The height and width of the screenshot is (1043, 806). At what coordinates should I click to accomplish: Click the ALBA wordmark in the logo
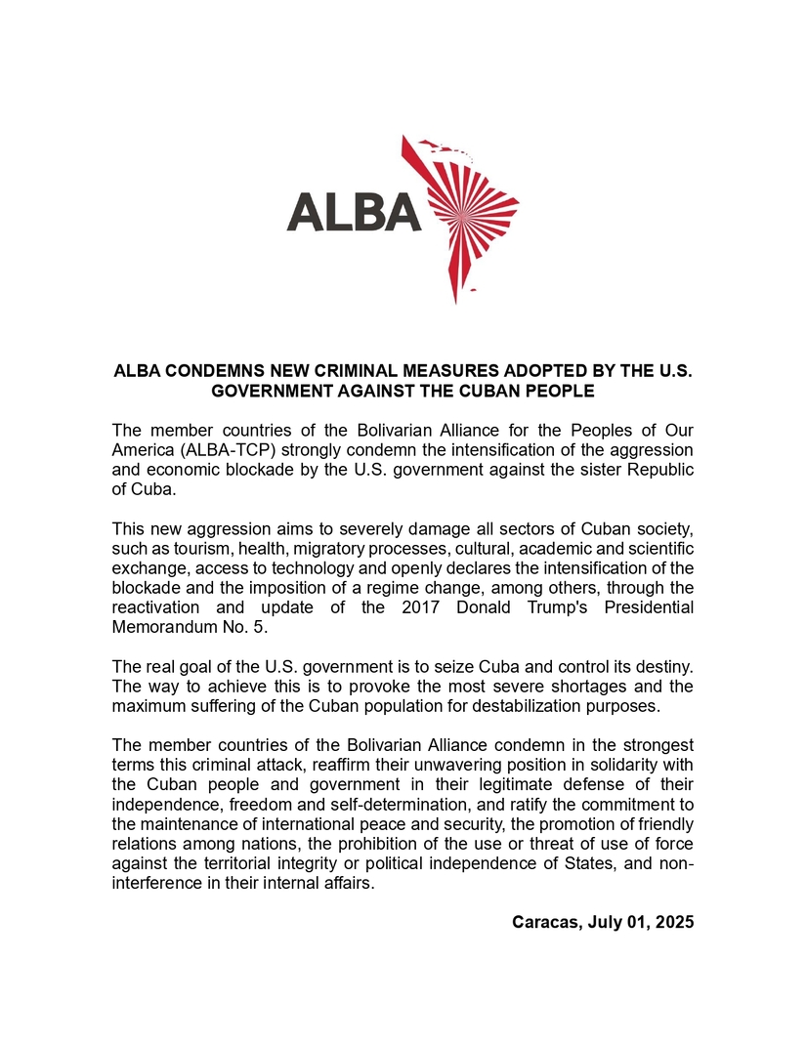tap(354, 210)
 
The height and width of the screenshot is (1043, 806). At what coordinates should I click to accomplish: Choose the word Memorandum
tap(160, 627)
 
